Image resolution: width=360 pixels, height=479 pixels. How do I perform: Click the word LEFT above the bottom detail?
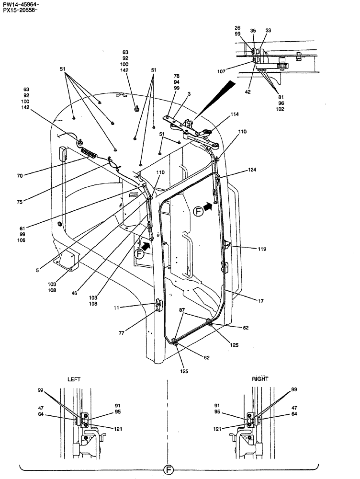click(x=74, y=379)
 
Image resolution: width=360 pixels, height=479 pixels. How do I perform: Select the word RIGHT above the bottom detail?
click(x=260, y=379)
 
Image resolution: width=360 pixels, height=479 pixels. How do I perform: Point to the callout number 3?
click(x=189, y=95)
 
